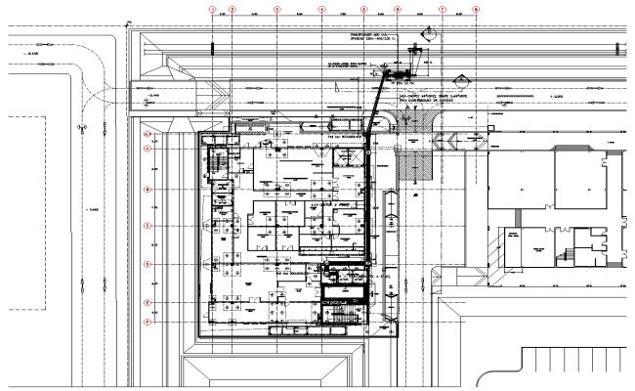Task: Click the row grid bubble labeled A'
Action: (148, 133)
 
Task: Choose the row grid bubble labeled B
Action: (148, 189)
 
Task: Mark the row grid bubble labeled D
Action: (148, 264)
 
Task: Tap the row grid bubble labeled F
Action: (148, 322)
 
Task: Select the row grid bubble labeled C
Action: (148, 226)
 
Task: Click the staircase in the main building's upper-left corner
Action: (219, 161)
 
